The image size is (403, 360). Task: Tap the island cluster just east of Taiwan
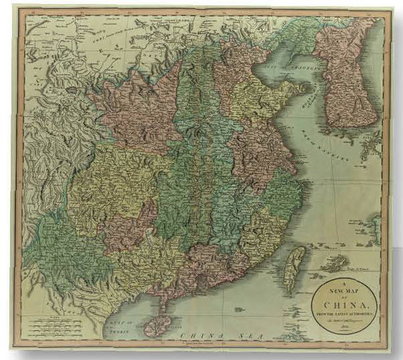coord(334,263)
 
